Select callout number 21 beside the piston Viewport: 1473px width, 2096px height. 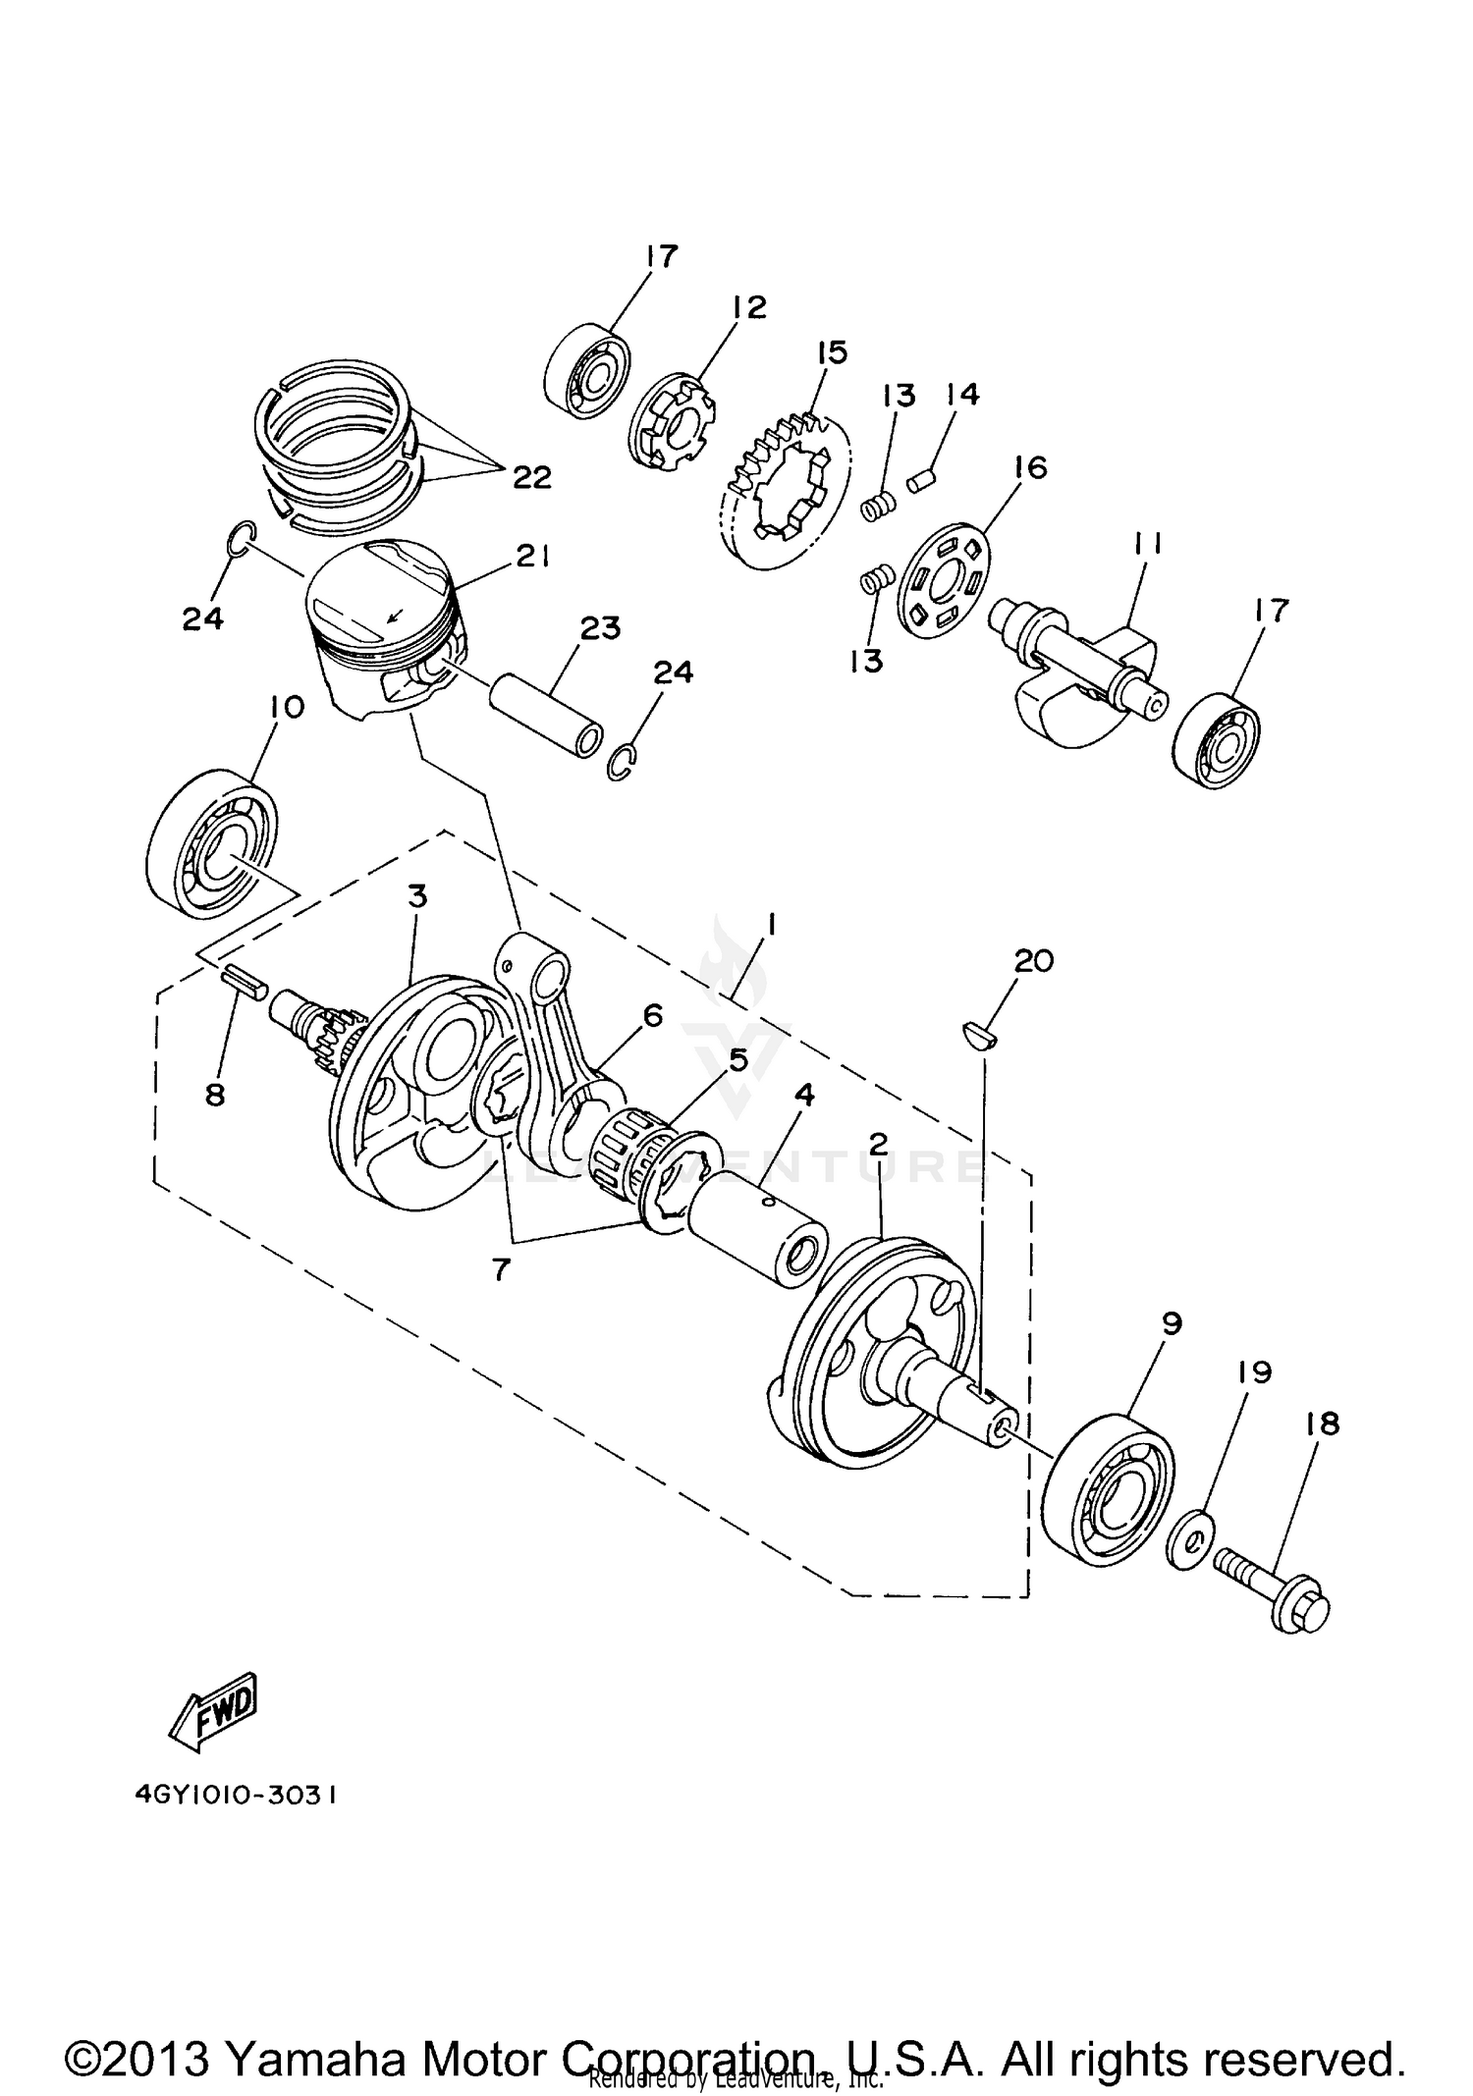tap(530, 558)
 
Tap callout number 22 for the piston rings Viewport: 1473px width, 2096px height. tap(531, 477)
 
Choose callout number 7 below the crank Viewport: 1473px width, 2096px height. tap(501, 1269)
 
